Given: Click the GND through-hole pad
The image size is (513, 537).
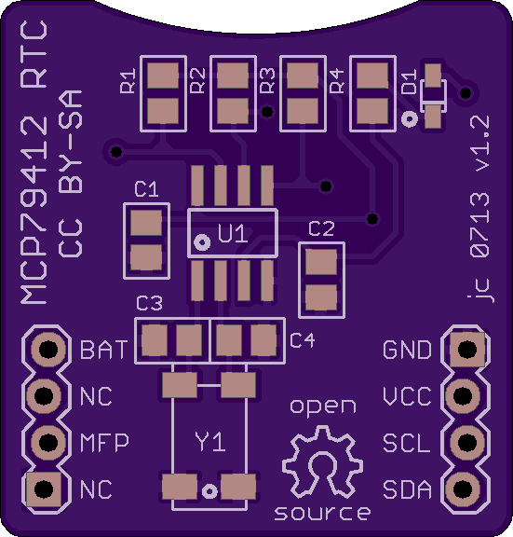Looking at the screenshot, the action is tap(467, 350).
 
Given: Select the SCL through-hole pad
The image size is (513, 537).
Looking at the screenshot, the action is tap(467, 442).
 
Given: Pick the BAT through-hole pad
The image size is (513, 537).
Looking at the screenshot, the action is tap(48, 350).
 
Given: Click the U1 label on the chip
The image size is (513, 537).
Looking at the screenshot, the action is tap(233, 234).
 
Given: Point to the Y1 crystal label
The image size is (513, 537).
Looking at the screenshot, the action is tap(210, 442).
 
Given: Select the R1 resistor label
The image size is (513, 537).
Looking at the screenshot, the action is tap(128, 81).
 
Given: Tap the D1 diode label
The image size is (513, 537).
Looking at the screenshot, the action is tap(409, 81).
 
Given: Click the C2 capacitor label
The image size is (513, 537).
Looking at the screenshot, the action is tap(321, 228).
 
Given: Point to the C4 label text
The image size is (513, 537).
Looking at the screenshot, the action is tap(302, 340).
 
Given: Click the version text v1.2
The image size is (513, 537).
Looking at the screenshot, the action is tap(479, 144).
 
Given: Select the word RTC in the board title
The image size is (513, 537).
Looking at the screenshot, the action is tap(34, 54).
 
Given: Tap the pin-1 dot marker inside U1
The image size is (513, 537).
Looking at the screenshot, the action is tap(202, 242).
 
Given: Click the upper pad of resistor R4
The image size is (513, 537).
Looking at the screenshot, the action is tap(372, 76).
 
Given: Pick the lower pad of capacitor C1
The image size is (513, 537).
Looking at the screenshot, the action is tap(146, 257).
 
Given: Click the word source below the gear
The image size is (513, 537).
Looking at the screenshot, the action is tap(322, 513).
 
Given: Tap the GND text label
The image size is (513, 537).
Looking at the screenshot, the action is tap(407, 350).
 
